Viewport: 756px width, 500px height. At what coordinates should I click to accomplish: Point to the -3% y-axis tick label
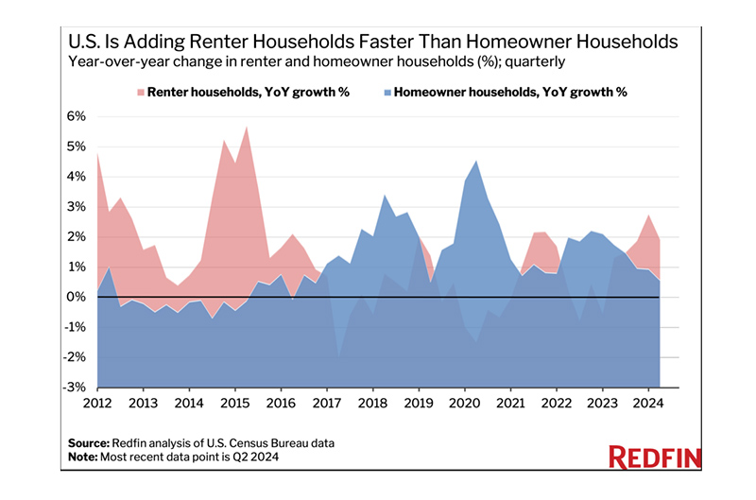pyautogui.click(x=76, y=388)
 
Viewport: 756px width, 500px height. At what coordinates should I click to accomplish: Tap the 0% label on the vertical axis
pyautogui.click(x=77, y=298)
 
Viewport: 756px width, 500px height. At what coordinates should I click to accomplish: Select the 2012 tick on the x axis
pyautogui.click(x=97, y=404)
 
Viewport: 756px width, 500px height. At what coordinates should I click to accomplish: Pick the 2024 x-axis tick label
pyautogui.click(x=646, y=404)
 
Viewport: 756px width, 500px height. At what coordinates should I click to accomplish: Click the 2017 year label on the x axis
pyautogui.click(x=327, y=404)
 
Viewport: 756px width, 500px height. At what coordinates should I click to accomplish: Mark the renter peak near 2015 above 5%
pyautogui.click(x=246, y=127)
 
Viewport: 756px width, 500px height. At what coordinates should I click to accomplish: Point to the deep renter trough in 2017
pyautogui.click(x=338, y=356)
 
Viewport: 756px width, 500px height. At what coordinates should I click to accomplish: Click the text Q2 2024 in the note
pyautogui.click(x=257, y=457)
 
